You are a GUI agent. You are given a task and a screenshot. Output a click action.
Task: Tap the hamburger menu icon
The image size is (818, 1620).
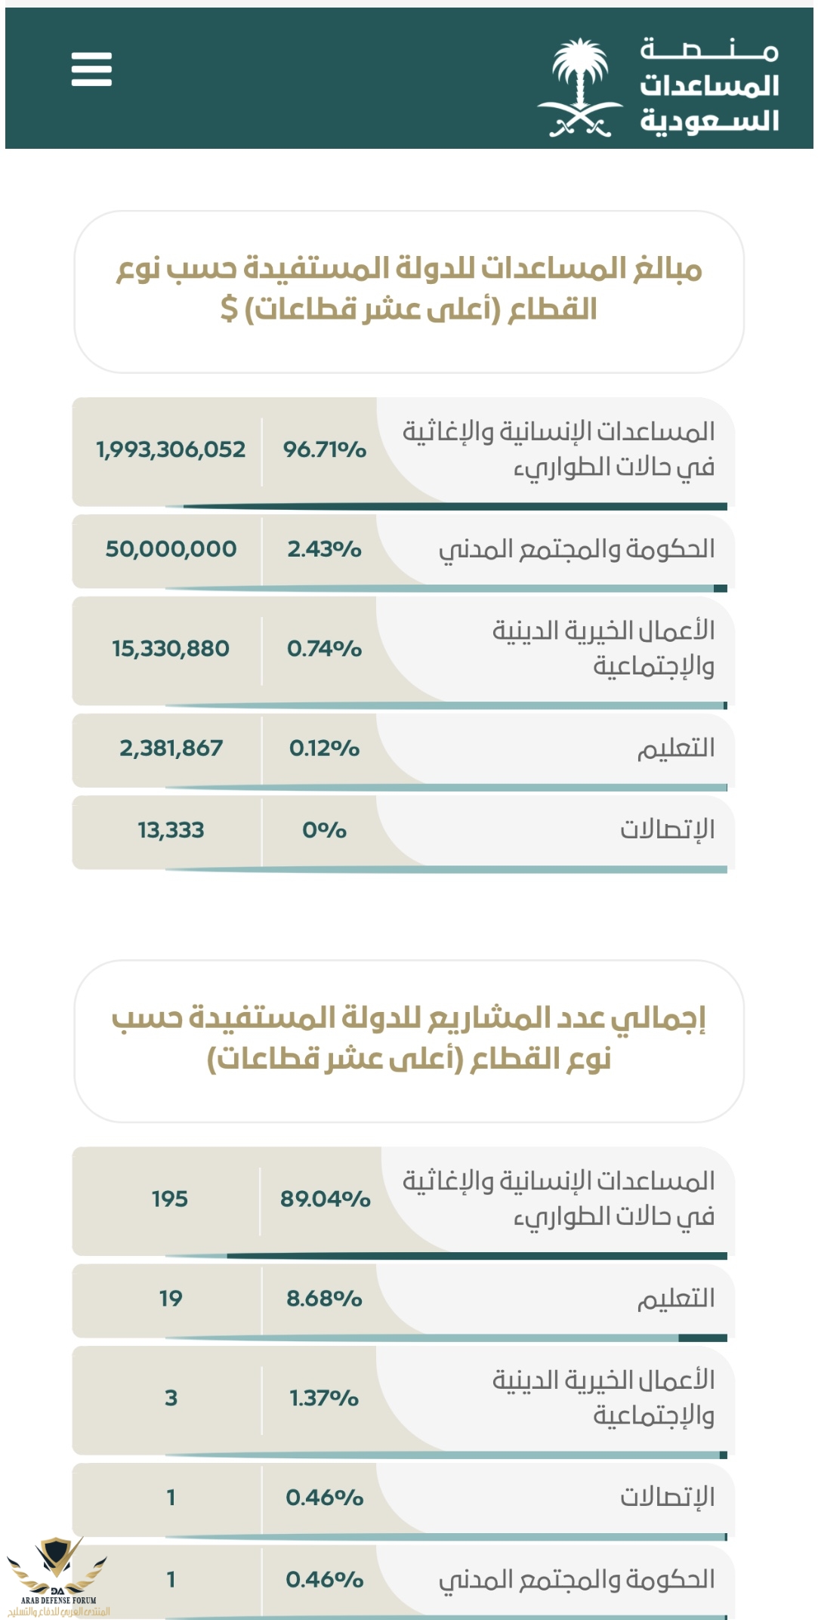point(91,69)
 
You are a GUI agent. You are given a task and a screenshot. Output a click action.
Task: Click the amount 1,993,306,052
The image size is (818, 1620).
point(171,450)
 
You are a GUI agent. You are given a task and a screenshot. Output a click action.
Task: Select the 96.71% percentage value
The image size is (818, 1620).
point(325,450)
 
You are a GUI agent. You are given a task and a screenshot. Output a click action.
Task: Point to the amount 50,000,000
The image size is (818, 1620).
point(171,549)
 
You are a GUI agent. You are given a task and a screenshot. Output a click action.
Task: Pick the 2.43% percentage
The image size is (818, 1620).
point(325,549)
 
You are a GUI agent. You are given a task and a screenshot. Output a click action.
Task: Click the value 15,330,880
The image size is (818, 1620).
point(171,649)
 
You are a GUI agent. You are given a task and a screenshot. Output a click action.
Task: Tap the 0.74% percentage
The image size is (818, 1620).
point(325,649)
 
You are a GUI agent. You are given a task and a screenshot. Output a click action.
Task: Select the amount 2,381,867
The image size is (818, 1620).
point(171,748)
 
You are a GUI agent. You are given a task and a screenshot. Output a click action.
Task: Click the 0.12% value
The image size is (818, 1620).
point(325,748)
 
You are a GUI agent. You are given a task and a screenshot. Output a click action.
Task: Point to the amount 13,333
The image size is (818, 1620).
point(171,831)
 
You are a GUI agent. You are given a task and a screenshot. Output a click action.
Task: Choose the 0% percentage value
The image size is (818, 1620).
point(325,831)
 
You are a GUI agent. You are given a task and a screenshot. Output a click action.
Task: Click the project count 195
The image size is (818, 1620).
point(170,1199)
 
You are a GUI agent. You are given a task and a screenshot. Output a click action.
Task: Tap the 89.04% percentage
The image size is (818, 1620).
point(325,1199)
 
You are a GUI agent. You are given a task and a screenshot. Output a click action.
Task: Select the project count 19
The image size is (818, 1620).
point(171,1299)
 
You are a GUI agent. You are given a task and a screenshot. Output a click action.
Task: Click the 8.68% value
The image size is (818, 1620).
point(325,1299)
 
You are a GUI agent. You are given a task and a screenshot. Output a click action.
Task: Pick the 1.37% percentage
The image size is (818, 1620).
point(325,1399)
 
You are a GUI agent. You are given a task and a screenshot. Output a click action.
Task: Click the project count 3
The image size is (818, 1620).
point(171,1399)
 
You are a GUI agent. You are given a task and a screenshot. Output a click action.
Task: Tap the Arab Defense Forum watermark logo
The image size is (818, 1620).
point(57,1575)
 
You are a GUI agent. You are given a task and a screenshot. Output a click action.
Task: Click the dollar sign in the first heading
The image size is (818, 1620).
point(229,309)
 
